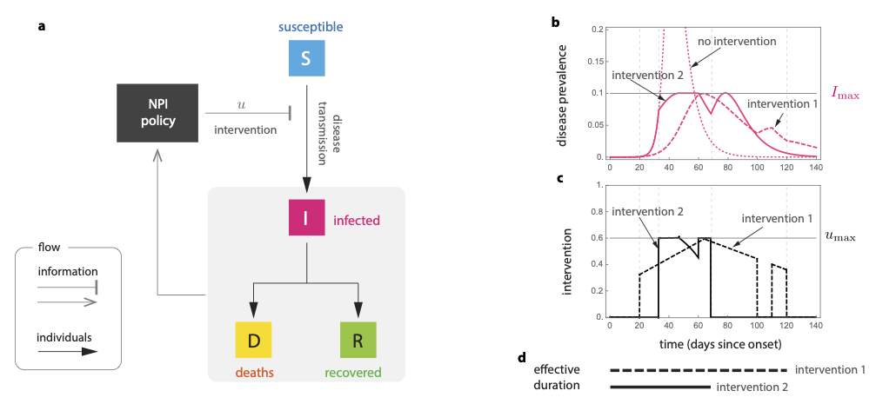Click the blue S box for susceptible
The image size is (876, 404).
pyautogui.click(x=306, y=58)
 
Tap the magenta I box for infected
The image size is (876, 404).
pyautogui.click(x=306, y=216)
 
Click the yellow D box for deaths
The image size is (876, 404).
pyautogui.click(x=254, y=339)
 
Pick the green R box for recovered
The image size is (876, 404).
pyautogui.click(x=358, y=339)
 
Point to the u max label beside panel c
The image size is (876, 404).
pyautogui.click(x=839, y=235)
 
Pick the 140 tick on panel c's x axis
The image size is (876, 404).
pyautogui.click(x=816, y=325)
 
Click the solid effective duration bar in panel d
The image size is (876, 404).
pyautogui.click(x=660, y=387)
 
